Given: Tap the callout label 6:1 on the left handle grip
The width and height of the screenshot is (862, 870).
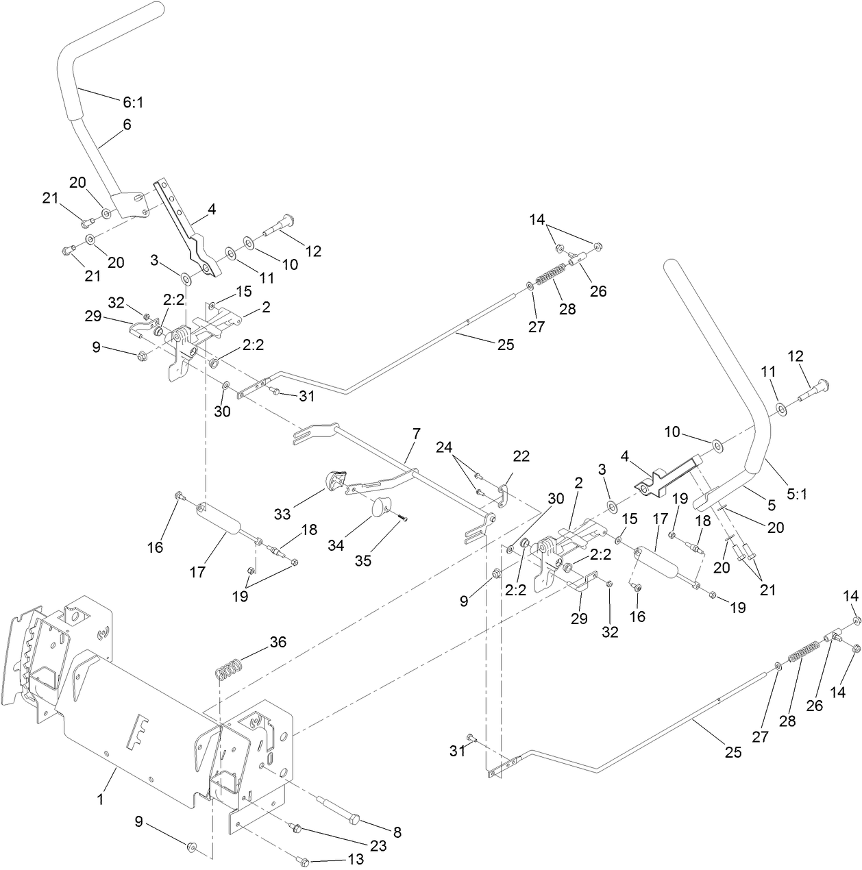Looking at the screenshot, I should (x=134, y=102).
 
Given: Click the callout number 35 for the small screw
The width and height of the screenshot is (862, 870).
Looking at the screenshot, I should (x=362, y=560).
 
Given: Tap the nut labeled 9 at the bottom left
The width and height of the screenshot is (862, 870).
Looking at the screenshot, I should (x=191, y=847).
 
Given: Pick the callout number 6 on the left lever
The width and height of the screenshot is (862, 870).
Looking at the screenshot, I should (x=127, y=125).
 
